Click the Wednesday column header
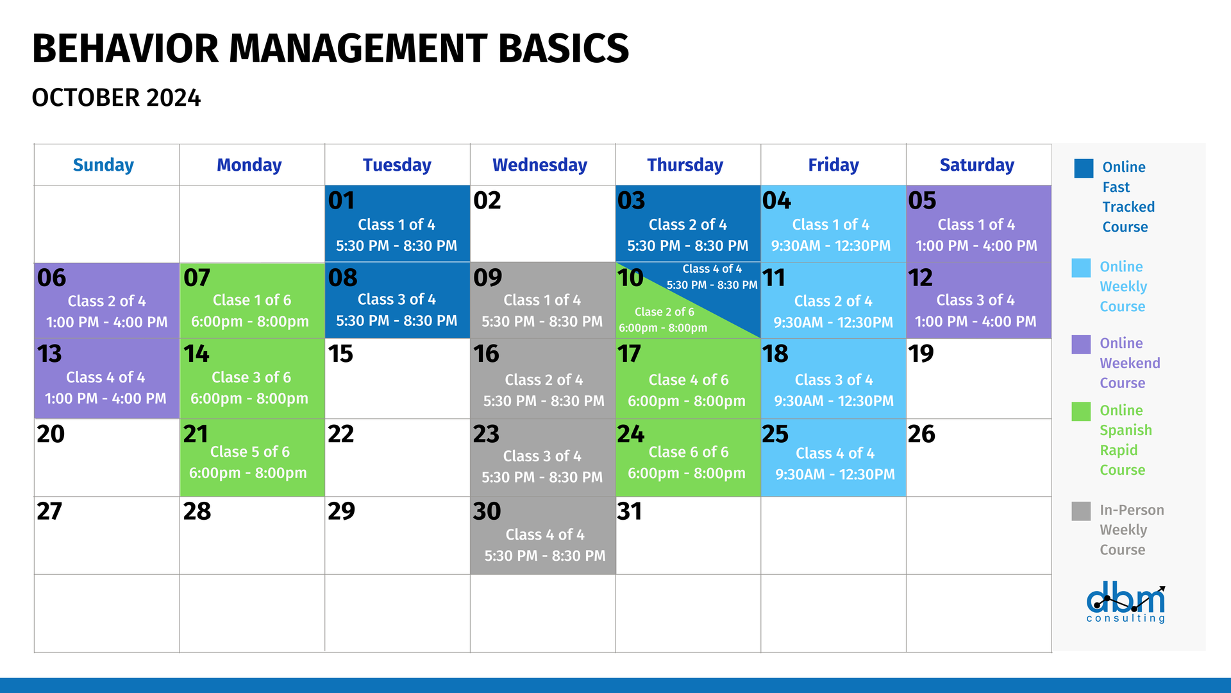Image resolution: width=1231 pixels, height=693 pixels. (540, 165)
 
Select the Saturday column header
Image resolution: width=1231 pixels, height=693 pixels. (977, 165)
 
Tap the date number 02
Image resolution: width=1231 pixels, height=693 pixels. (487, 200)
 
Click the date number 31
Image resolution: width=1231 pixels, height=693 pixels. (630, 511)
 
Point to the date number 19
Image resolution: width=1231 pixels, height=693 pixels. (921, 354)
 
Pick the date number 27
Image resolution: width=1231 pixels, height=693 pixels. (49, 511)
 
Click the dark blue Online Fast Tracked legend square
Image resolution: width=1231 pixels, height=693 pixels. (1084, 168)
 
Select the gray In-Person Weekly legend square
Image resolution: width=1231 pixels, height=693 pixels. (1081, 511)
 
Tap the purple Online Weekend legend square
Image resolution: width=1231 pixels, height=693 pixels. (1081, 344)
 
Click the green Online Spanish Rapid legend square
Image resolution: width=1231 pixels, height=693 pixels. (1081, 411)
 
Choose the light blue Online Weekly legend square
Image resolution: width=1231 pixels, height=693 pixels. (1081, 268)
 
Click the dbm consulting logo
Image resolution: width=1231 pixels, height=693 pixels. (1126, 603)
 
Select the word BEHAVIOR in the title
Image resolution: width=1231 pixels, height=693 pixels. (126, 49)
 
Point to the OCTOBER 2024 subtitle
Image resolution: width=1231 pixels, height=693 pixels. (116, 98)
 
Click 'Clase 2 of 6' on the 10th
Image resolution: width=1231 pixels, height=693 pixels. (664, 312)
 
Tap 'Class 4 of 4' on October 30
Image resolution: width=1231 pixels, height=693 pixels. (545, 535)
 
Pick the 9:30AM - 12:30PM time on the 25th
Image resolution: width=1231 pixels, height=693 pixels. (835, 474)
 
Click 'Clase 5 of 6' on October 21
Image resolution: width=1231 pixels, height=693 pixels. (250, 452)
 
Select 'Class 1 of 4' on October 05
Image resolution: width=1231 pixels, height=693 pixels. (976, 225)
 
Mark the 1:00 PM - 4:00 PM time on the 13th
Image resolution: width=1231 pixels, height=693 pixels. (105, 398)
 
